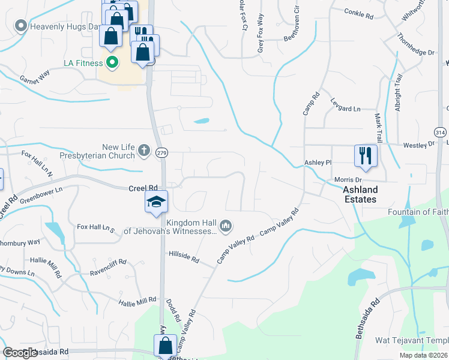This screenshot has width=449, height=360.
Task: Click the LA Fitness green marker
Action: click(112, 62)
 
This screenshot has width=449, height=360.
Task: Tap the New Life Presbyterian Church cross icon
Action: click(143, 151)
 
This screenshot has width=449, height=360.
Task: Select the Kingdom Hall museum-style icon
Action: click(226, 226)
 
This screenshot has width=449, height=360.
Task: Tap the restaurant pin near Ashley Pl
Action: click(366, 156)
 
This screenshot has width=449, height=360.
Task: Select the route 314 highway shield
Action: click(441, 132)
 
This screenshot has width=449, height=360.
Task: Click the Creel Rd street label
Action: click(143, 188)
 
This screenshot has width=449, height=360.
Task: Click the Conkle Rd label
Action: click(359, 13)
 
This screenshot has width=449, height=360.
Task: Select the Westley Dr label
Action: click(418, 145)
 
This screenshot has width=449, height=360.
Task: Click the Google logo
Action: click(20, 353)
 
